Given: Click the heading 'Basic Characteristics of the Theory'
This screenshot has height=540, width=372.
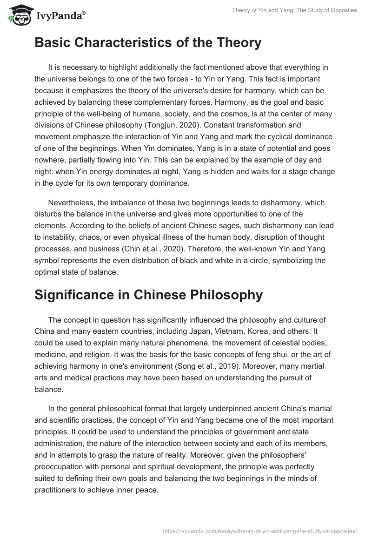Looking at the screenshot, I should tap(148, 43).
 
